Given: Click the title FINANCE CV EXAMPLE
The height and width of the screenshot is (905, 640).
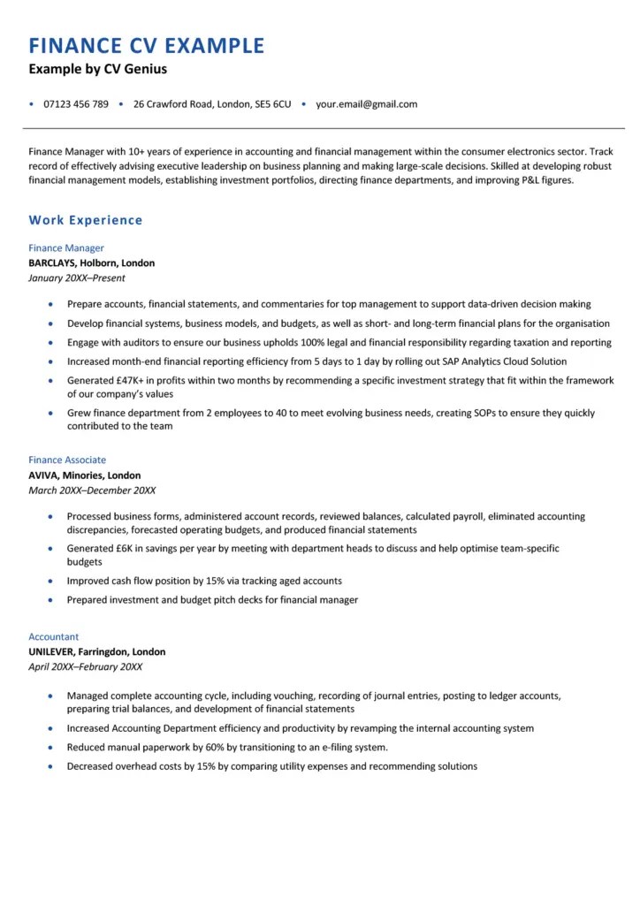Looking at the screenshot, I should (x=146, y=45).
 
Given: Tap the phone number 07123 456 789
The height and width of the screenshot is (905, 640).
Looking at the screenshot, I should (x=76, y=104).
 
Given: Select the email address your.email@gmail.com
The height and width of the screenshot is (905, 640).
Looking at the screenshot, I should (x=366, y=104).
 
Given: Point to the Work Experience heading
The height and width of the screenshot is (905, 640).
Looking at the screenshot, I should (x=86, y=220).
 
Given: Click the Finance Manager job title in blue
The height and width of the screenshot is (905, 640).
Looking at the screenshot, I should (x=66, y=248).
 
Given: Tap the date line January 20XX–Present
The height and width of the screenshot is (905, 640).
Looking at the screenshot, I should (x=77, y=278).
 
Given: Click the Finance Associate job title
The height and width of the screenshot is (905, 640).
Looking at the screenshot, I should (x=67, y=460).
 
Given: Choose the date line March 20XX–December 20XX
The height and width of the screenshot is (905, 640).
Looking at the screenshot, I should (x=92, y=491).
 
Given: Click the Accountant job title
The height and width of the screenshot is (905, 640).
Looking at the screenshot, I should (x=53, y=636).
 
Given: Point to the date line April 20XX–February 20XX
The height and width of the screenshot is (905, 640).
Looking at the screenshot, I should (x=85, y=667).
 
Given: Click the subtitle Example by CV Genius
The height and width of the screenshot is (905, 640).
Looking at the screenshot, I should (x=97, y=69).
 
